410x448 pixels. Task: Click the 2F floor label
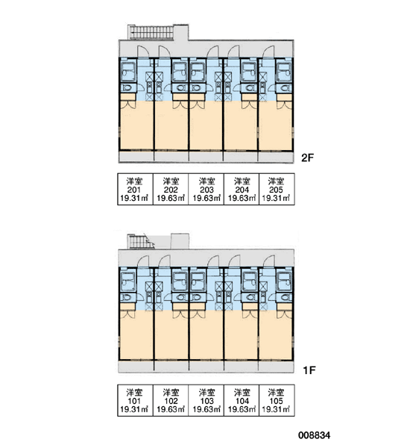coord(307,158)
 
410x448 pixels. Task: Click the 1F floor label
coord(309,370)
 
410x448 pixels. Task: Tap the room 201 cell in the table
coord(135,189)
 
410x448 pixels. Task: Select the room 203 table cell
coord(206,189)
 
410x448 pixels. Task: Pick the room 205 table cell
coord(277,189)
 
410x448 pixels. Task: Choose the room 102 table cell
coord(171,400)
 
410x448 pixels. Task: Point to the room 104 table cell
coord(242,400)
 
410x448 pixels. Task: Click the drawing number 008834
coord(314,435)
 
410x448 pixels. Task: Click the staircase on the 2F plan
coord(151,32)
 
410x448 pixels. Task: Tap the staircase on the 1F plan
coord(140,241)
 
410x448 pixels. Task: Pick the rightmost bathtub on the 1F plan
coord(285,281)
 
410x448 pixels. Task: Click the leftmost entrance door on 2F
coord(144,52)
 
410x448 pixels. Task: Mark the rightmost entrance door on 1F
coord(269,261)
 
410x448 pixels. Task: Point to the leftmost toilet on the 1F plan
coord(126,297)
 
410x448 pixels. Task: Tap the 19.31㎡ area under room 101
coord(134,409)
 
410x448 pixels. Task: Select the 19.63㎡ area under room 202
coord(171,198)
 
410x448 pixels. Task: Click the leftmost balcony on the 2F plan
coord(136,157)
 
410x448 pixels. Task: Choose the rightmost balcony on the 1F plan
coord(276,367)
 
